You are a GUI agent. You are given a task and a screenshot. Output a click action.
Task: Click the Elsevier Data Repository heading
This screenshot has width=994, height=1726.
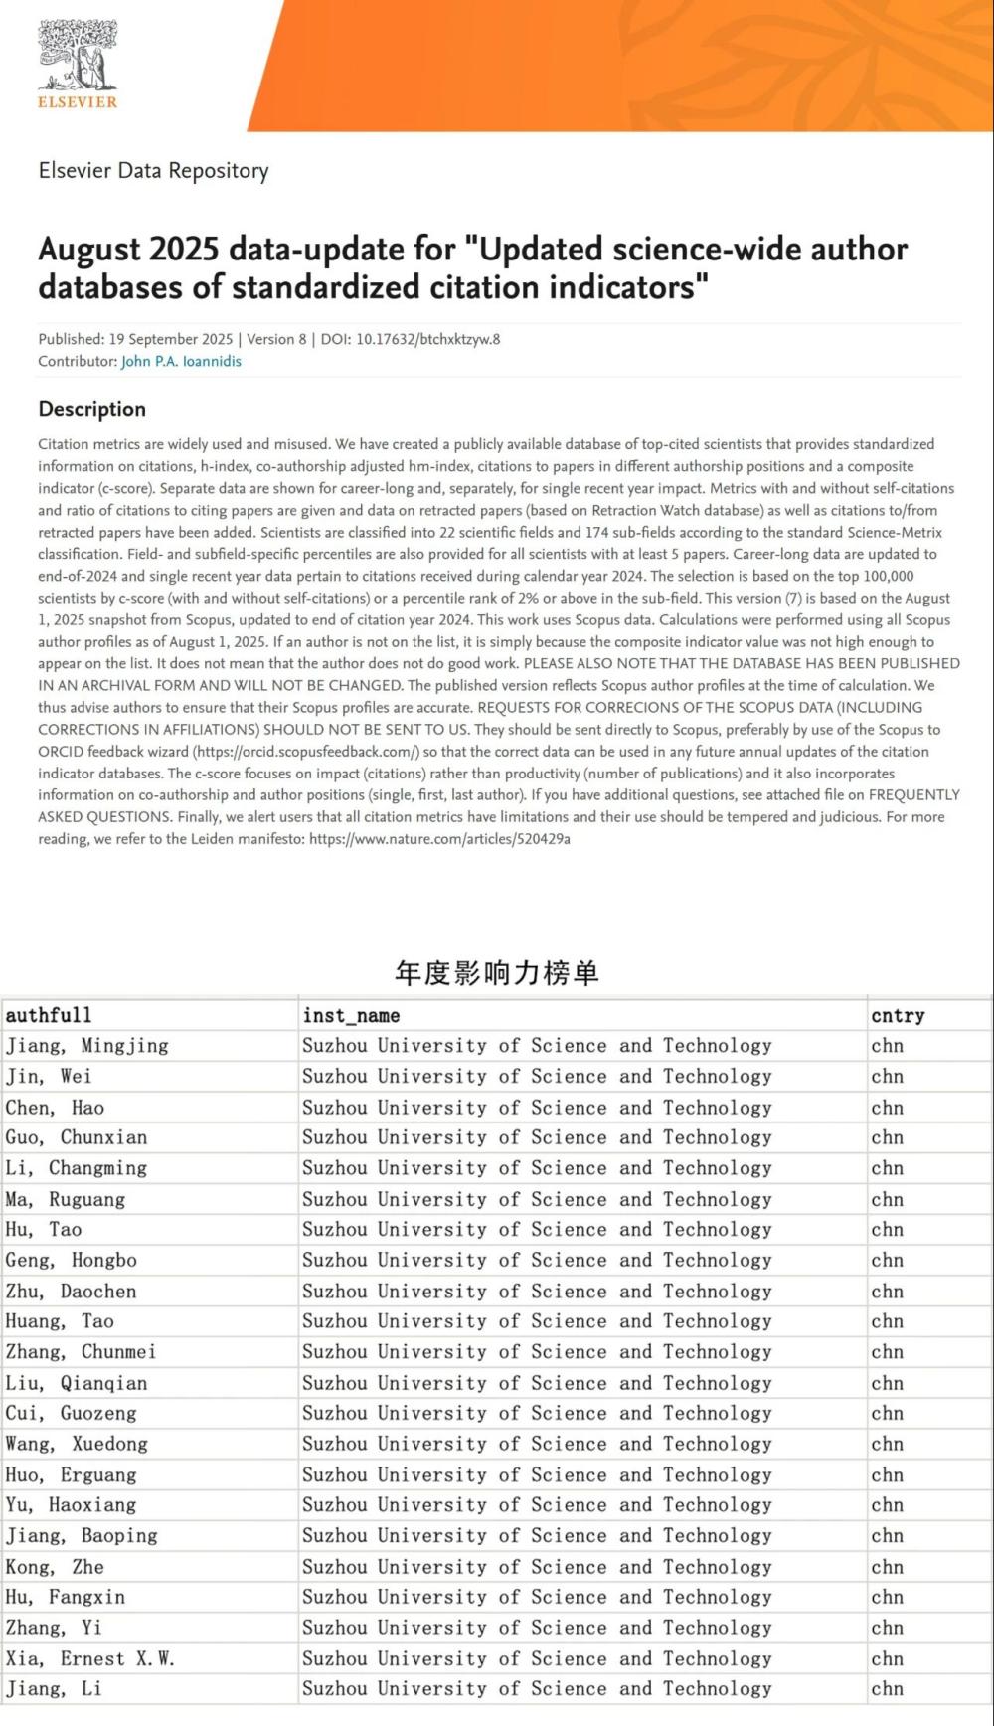153,170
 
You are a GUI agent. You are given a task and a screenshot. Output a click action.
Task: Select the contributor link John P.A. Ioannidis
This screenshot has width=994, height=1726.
181,362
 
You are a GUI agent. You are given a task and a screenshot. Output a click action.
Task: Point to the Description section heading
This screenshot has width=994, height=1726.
91,409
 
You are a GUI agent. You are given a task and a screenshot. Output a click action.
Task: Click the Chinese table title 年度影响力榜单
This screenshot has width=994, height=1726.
497,972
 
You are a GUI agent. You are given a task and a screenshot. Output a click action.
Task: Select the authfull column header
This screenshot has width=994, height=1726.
49,1015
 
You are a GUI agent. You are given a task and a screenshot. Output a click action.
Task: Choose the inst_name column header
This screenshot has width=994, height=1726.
351,1015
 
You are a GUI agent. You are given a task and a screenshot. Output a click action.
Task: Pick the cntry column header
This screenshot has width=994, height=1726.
898,1015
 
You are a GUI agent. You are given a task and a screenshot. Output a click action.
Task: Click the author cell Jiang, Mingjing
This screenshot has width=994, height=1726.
87,1046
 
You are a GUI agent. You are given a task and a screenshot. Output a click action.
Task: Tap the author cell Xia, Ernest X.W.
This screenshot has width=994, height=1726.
90,1658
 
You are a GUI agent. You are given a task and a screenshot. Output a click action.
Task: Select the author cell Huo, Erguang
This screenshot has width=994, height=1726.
72,1474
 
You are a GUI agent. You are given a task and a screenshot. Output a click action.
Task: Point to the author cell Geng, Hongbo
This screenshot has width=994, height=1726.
72,1260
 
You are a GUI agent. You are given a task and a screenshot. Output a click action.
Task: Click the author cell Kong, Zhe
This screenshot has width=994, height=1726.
55,1567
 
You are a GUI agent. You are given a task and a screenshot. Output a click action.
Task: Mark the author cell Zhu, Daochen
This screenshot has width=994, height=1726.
72,1291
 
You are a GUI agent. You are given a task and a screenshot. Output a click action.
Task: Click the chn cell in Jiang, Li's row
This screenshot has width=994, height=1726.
887,1688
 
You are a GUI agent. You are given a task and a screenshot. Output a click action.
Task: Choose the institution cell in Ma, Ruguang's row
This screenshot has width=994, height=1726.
537,1199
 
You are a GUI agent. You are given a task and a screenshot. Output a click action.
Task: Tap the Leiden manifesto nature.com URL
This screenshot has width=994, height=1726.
439,839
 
